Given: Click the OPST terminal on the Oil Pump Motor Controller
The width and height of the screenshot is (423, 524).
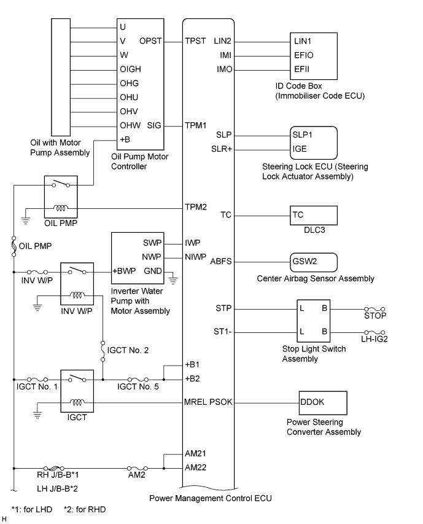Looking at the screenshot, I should coord(152,41).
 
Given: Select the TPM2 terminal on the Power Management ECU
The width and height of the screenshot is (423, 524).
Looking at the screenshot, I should coord(196,207).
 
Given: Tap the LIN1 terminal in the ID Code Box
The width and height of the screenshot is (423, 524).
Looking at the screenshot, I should coord(305,41).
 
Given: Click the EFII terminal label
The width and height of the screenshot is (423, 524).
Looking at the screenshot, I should coord(303,69).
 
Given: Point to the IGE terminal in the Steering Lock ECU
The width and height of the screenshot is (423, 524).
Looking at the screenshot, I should coord(300,149).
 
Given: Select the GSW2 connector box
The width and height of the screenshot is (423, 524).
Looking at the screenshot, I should coord(312,261).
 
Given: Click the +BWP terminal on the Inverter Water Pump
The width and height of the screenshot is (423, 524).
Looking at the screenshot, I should coord(124,272).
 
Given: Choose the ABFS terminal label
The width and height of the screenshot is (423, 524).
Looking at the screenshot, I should coord(222,261).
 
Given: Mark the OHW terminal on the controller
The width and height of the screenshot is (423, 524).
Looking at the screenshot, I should coord(131,125).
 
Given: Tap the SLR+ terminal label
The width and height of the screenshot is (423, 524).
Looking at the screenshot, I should coord(220,149).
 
